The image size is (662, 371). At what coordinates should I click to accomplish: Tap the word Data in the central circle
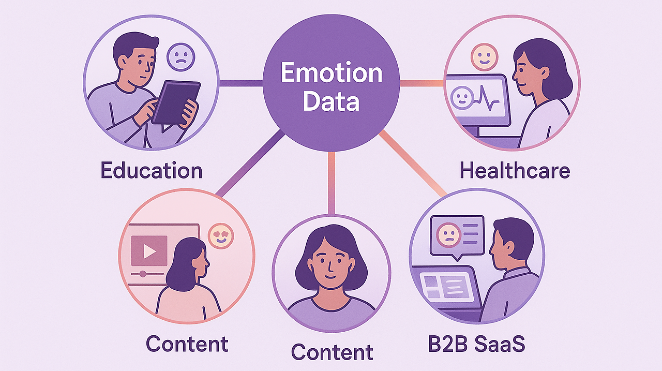pyautogui.click(x=332, y=101)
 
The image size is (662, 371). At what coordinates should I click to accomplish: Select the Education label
pyautogui.click(x=152, y=170)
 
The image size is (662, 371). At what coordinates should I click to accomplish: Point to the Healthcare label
pyautogui.click(x=515, y=170)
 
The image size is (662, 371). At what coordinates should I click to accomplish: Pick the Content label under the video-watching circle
pyautogui.click(x=187, y=344)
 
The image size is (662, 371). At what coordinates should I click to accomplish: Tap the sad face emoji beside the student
pyautogui.click(x=180, y=57)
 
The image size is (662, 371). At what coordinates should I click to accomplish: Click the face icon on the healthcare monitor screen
pyautogui.click(x=461, y=98)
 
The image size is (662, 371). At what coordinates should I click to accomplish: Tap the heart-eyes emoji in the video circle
pyautogui.click(x=221, y=236)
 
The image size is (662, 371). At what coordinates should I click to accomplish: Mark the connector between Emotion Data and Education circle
pyautogui.click(x=240, y=83)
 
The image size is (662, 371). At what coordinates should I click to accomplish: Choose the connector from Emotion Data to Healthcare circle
pyautogui.click(x=422, y=83)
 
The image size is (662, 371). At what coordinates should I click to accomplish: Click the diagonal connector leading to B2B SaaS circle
pyautogui.click(x=414, y=165)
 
